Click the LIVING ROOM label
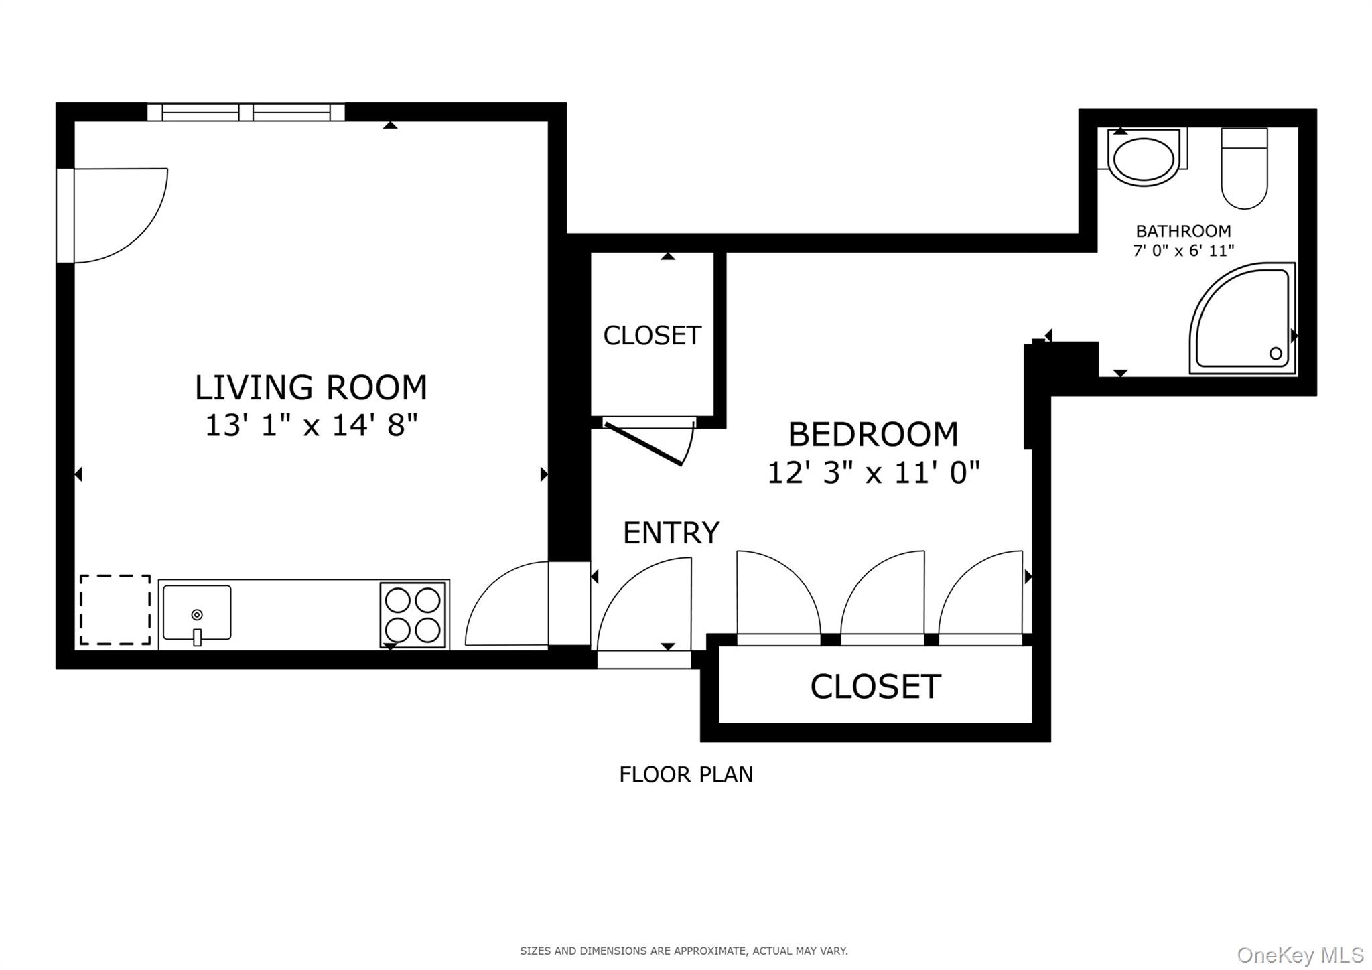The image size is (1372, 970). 311,387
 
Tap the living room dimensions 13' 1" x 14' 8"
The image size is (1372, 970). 311,425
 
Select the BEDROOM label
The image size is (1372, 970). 873,434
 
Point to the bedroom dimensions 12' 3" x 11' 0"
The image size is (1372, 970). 873,472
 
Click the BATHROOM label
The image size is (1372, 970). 1183,231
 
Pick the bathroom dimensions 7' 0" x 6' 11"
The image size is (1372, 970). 1183,251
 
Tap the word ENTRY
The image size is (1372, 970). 671,533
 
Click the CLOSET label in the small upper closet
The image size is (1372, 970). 652,335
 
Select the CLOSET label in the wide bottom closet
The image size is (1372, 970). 876,686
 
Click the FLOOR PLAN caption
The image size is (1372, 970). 686,774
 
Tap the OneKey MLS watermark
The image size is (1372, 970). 1300,954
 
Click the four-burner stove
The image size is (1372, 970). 413,615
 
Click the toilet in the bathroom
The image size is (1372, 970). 1244,168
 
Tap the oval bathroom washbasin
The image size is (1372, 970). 1144,159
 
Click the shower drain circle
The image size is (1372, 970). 1276,353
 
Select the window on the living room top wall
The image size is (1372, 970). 246,112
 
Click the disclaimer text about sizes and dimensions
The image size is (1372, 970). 683,951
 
